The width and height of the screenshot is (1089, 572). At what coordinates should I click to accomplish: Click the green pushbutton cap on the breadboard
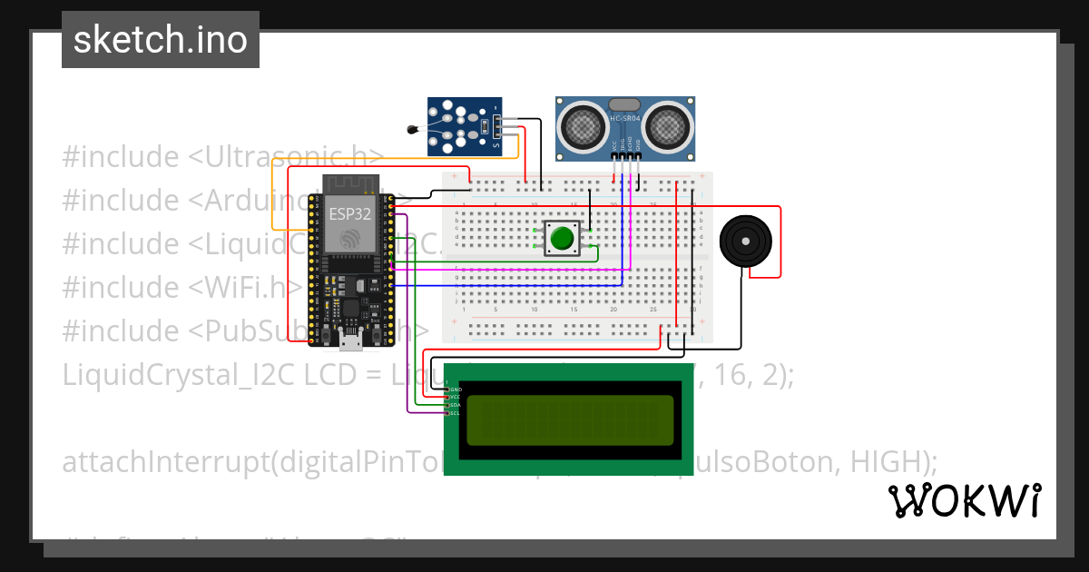coord(562,239)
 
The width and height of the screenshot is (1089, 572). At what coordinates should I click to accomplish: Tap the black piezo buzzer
coord(746,242)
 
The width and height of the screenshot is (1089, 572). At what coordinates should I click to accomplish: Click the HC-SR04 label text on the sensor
coord(625,119)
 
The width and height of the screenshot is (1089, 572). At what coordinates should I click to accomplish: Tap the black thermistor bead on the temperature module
coord(414,130)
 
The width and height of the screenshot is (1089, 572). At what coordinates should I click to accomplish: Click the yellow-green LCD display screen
coord(571,419)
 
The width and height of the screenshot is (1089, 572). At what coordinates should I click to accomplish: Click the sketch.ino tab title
coord(161,40)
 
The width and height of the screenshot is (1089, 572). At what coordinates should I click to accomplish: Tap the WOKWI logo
coord(964,500)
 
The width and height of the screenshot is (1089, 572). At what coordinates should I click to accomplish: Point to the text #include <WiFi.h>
coord(181,288)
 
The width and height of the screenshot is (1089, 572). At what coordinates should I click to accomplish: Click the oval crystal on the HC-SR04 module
coord(624,105)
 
